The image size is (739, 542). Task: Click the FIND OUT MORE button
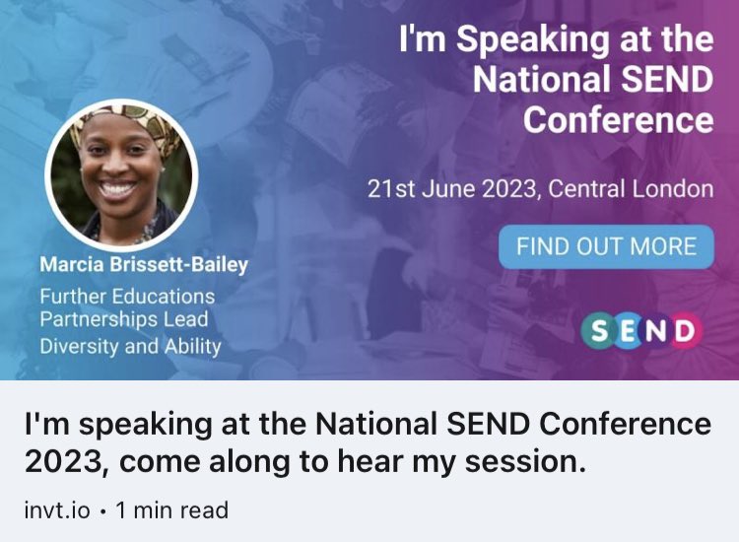606,246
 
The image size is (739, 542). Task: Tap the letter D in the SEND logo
685,330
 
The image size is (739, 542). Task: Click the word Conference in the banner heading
618,120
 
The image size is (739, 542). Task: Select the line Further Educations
127,296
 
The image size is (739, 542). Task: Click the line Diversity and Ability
130,346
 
